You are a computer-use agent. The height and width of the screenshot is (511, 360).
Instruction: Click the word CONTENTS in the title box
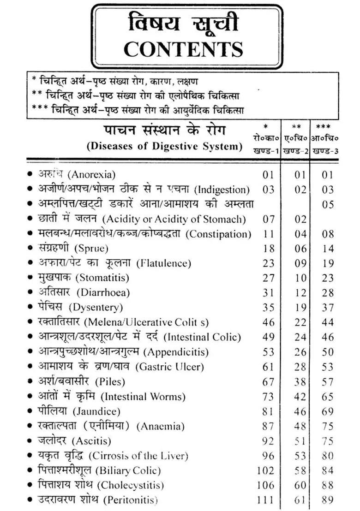click(x=183, y=48)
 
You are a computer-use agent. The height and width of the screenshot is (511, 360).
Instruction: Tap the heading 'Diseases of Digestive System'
click(x=165, y=147)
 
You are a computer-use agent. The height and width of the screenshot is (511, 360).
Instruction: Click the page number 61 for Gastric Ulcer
click(x=269, y=367)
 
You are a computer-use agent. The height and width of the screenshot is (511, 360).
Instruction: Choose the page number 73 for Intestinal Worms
click(x=269, y=397)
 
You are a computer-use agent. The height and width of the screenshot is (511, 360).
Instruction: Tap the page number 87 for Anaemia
click(x=269, y=426)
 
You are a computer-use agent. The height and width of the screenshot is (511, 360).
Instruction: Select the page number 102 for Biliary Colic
click(x=266, y=470)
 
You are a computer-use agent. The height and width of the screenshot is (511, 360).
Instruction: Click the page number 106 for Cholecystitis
click(x=266, y=485)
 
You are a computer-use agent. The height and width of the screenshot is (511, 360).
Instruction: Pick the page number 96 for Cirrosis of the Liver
click(x=269, y=456)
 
